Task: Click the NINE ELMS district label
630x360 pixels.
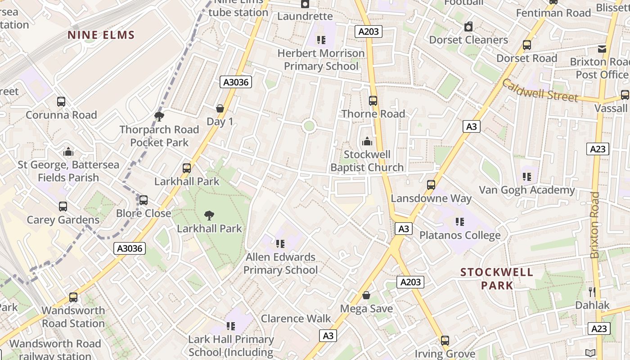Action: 101,35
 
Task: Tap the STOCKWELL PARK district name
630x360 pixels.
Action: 497,279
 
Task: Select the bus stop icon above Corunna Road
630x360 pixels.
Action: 61,102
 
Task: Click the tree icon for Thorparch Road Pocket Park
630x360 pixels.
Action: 159,117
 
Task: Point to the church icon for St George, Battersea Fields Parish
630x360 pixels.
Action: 68,152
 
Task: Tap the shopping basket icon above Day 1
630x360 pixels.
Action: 220,108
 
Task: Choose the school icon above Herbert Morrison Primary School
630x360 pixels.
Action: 321,40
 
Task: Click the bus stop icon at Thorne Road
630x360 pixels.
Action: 373,101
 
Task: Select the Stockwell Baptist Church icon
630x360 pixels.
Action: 367,142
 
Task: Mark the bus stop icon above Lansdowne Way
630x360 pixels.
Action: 431,185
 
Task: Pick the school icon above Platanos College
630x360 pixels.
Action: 459,222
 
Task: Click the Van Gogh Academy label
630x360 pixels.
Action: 526,190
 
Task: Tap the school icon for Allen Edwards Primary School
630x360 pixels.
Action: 280,244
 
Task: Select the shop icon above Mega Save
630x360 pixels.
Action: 366,295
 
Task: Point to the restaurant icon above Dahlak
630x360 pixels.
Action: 592,292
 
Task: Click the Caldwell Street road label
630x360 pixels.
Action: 540,90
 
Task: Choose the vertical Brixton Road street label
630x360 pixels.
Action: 595,225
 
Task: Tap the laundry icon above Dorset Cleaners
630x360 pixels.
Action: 468,27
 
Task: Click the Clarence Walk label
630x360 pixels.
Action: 296,319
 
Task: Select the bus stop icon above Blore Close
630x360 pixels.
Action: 144,200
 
